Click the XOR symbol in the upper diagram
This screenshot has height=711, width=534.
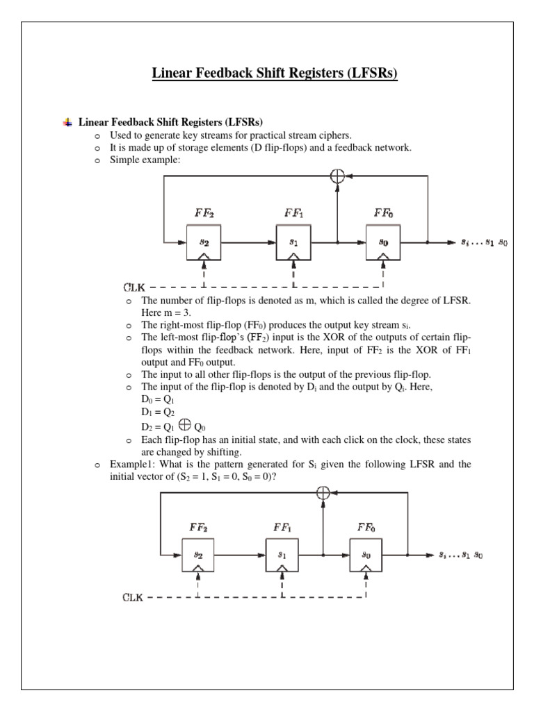(x=337, y=176)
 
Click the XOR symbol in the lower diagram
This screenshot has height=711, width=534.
(x=323, y=492)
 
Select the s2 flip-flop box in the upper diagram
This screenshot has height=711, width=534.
(x=204, y=243)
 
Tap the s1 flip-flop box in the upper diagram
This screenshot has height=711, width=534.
(x=293, y=243)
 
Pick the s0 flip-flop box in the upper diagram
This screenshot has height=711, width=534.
(x=383, y=243)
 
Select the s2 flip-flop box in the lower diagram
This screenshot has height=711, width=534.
(x=199, y=555)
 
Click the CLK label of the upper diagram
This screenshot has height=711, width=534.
(x=138, y=287)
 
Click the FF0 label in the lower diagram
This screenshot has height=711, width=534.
(x=366, y=526)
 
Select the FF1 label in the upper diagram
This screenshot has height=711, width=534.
(x=293, y=211)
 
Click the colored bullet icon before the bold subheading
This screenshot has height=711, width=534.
(x=67, y=122)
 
